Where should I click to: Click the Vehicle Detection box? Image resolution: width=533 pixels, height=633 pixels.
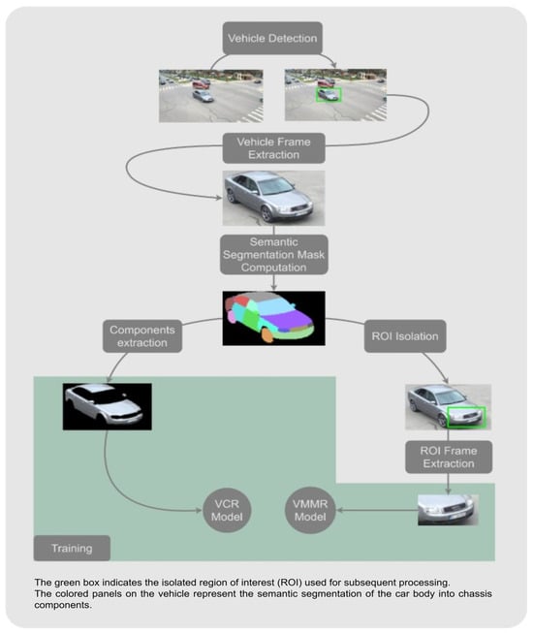pyautogui.click(x=272, y=40)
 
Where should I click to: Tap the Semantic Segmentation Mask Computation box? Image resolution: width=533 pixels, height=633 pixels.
pyautogui.click(x=273, y=252)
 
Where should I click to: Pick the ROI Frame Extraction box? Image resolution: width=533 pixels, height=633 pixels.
pyautogui.click(x=448, y=457)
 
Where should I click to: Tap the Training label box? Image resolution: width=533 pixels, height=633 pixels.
pyautogui.click(x=73, y=548)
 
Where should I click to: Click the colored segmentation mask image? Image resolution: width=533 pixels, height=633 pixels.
pyautogui.click(x=273, y=318)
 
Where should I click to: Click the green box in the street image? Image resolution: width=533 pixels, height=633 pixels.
pyautogui.click(x=330, y=95)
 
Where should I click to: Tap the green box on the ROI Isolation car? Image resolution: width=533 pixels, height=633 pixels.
pyautogui.click(x=468, y=417)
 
